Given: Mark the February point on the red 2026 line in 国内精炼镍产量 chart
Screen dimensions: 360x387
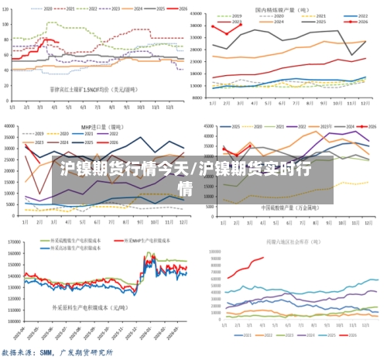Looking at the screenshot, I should click(x=227, y=33).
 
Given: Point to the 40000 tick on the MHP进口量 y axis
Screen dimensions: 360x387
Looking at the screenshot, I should click(x=12, y=126).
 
